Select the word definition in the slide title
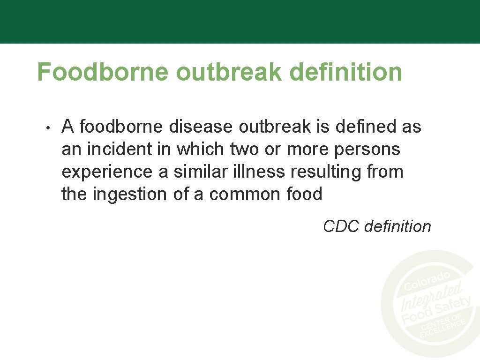(x=346, y=72)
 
